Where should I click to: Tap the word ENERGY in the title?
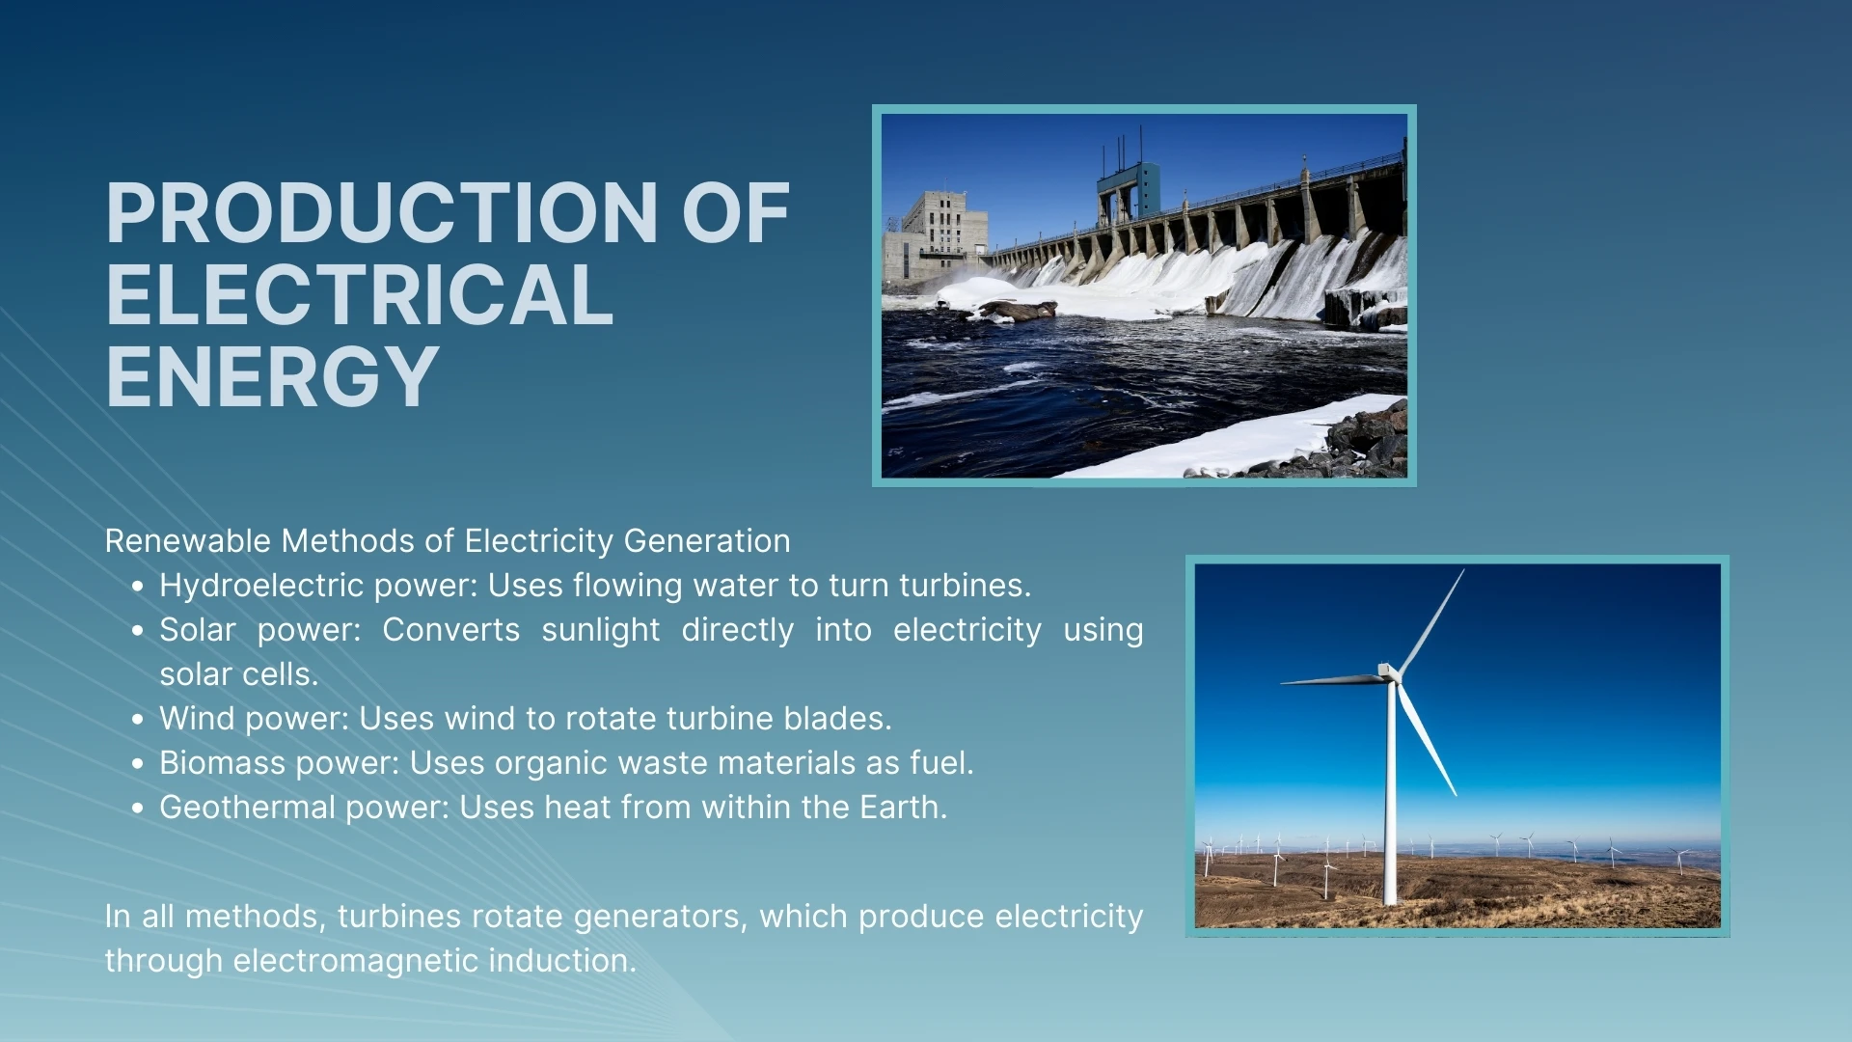tap(272, 377)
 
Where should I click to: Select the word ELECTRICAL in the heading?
tap(359, 295)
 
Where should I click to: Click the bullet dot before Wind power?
tap(138, 720)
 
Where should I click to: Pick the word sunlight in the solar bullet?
tap(600, 630)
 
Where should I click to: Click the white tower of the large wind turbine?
tap(1390, 801)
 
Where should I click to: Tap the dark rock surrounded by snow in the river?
tap(1018, 311)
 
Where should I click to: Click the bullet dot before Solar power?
tap(138, 631)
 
